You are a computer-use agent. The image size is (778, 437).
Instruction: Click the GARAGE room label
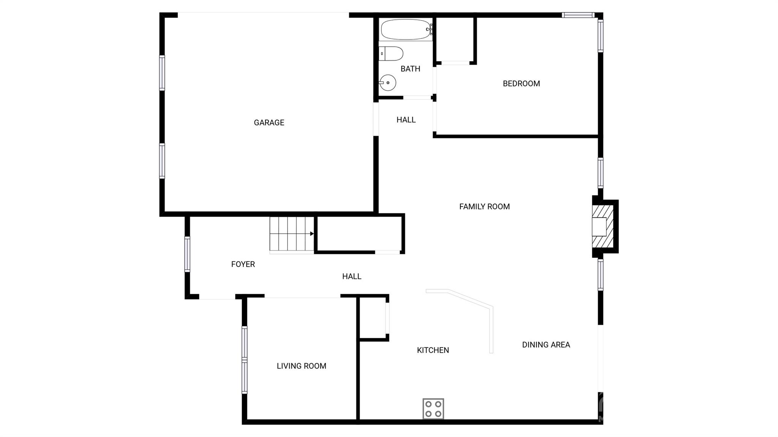pyautogui.click(x=269, y=123)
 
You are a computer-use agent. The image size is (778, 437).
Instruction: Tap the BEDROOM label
pyautogui.click(x=521, y=84)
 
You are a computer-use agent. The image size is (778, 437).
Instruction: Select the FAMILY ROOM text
pyautogui.click(x=484, y=207)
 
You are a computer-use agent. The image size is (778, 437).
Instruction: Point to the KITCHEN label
pyautogui.click(x=433, y=350)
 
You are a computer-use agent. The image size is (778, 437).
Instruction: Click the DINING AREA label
pyautogui.click(x=546, y=345)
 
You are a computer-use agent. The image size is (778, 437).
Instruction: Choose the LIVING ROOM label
pyautogui.click(x=301, y=366)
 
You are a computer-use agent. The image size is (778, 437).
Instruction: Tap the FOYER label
pyautogui.click(x=243, y=264)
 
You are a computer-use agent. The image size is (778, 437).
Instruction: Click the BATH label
pyautogui.click(x=410, y=69)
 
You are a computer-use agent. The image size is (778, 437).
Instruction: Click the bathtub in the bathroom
pyautogui.click(x=406, y=29)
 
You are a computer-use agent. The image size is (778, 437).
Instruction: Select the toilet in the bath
pyautogui.click(x=391, y=54)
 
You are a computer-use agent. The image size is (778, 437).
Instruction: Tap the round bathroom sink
pyautogui.click(x=388, y=82)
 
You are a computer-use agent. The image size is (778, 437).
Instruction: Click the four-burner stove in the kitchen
pyautogui.click(x=433, y=409)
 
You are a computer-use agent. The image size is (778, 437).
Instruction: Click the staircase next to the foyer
pyautogui.click(x=292, y=233)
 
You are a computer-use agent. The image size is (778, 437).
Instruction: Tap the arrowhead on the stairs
pyautogui.click(x=312, y=233)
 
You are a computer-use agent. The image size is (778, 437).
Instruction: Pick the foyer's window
pyautogui.click(x=187, y=254)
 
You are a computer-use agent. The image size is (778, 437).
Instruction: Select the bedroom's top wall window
pyautogui.click(x=578, y=15)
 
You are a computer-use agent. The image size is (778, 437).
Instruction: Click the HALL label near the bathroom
pyautogui.click(x=406, y=120)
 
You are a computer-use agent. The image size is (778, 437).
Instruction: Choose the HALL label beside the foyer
pyautogui.click(x=351, y=276)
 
